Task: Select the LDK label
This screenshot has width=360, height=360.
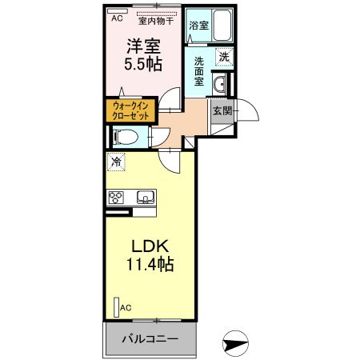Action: [149, 246]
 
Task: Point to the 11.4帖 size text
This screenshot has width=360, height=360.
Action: [149, 263]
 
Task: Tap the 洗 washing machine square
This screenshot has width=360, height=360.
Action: [225, 57]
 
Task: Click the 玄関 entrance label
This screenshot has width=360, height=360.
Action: [222, 110]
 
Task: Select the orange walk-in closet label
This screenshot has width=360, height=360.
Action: [130, 110]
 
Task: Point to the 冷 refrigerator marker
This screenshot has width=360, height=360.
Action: [117, 162]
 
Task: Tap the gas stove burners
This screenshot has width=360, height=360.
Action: [116, 198]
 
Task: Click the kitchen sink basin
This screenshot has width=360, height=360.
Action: [146, 198]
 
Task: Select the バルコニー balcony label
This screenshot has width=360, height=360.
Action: [149, 339]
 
